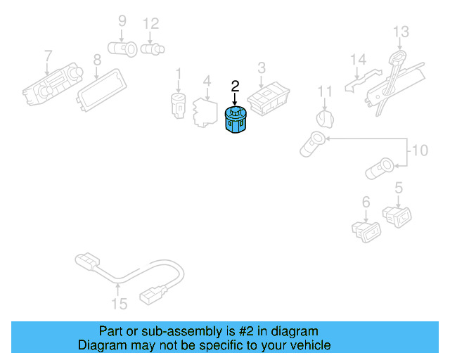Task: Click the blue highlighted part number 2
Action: pyautogui.click(x=236, y=120)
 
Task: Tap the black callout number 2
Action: pyautogui.click(x=235, y=86)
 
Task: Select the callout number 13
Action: pyautogui.click(x=401, y=32)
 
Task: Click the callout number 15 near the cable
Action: pyautogui.click(x=119, y=304)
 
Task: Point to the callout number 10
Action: pyautogui.click(x=420, y=150)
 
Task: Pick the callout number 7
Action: pyautogui.click(x=49, y=56)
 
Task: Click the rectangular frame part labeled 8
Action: pyautogui.click(x=101, y=90)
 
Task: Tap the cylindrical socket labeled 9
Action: pyautogui.click(x=122, y=49)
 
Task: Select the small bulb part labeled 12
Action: pyautogui.click(x=153, y=49)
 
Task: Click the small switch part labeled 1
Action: pyautogui.click(x=178, y=105)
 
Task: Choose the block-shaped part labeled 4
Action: pyautogui.click(x=205, y=112)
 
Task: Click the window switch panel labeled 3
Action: pyautogui.click(x=269, y=99)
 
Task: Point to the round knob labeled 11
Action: pyautogui.click(x=325, y=119)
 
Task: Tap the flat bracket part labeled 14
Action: pyautogui.click(x=364, y=80)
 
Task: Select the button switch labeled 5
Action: pyautogui.click(x=397, y=217)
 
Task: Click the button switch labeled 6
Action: pyautogui.click(x=366, y=232)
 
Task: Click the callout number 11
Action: pyautogui.click(x=325, y=92)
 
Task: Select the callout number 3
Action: pyautogui.click(x=262, y=68)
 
